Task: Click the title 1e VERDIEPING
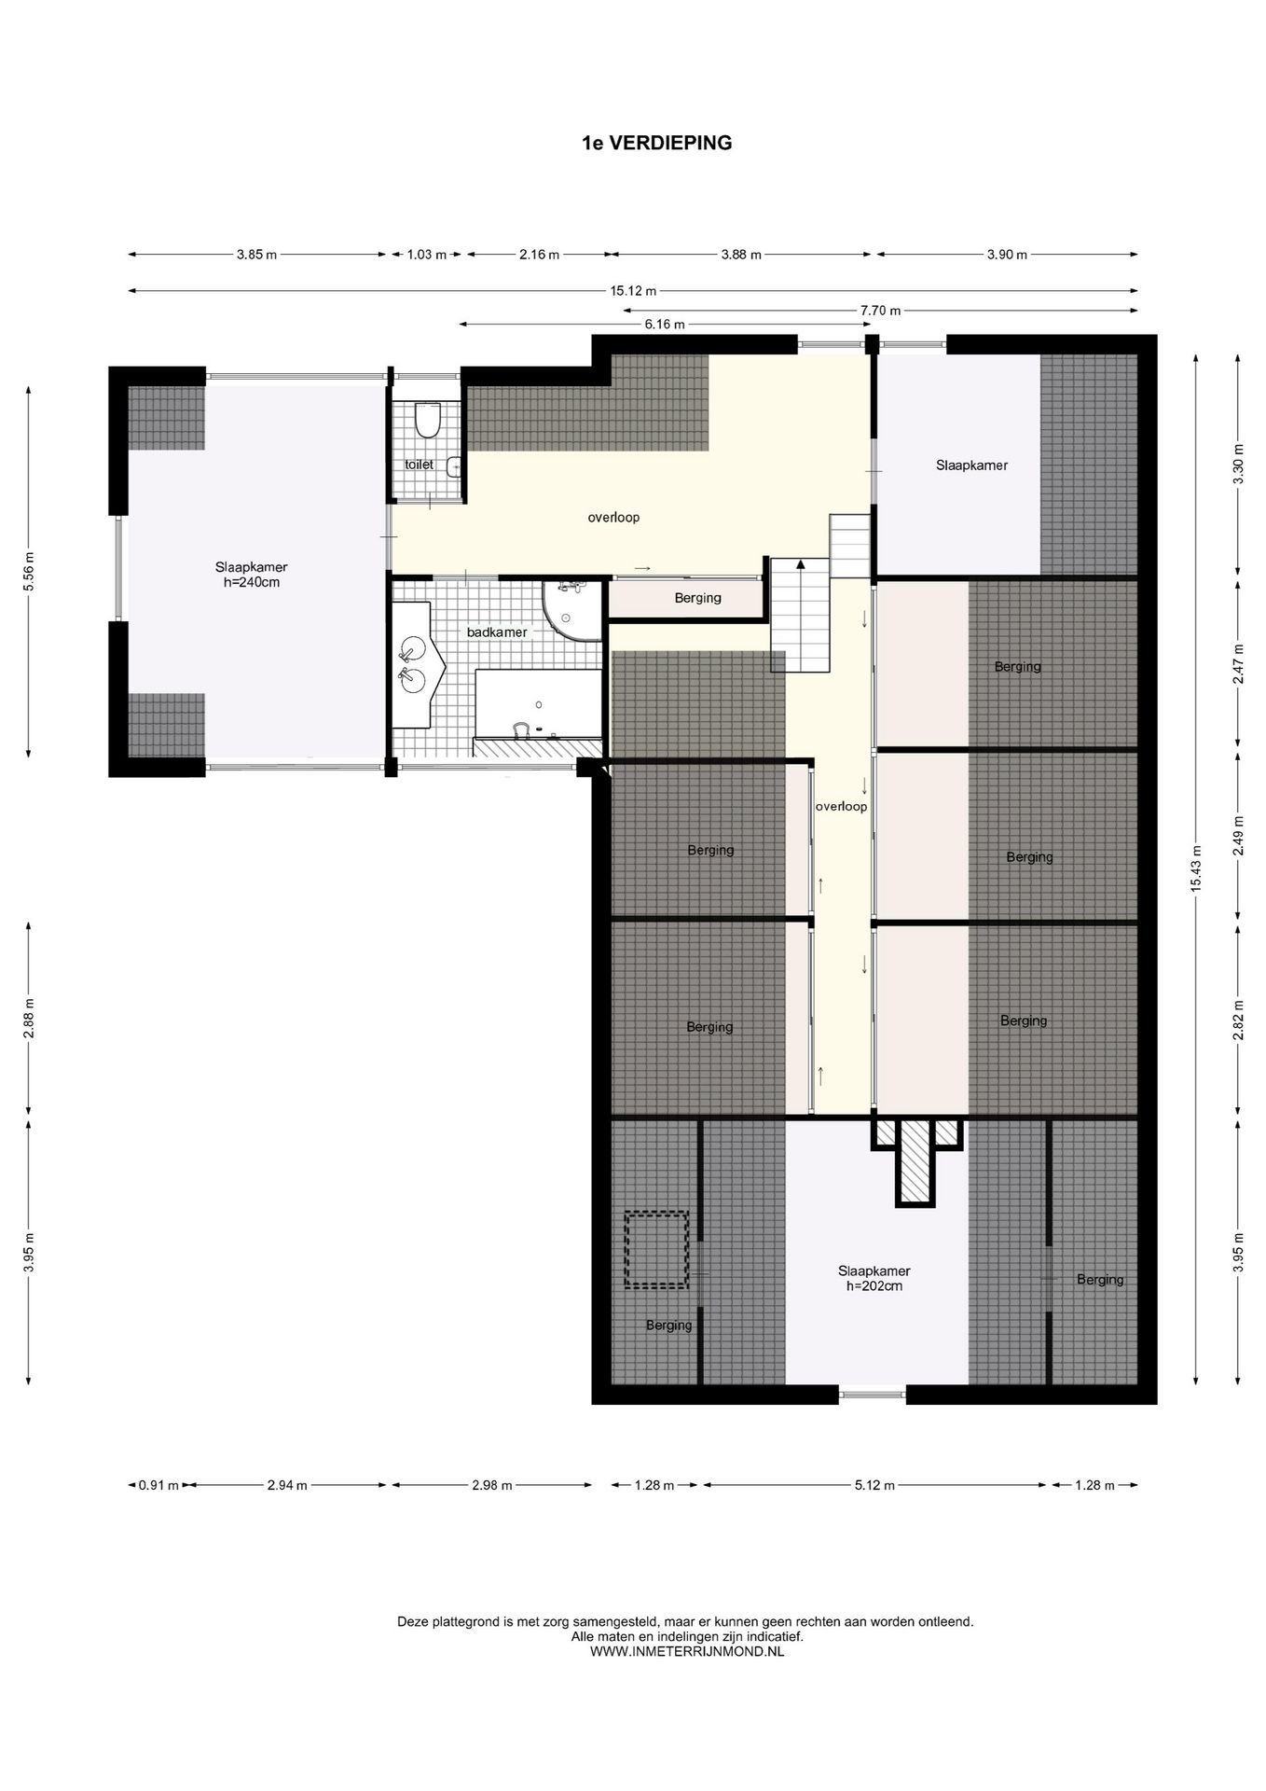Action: coord(657,143)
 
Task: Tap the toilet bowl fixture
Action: coord(427,421)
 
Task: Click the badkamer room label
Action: coord(497,632)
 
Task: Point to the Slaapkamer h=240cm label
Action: coord(251,575)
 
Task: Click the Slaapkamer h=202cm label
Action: coord(874,1278)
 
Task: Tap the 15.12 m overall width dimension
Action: coord(633,290)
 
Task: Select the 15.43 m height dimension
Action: coord(1196,868)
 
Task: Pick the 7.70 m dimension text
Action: coord(880,310)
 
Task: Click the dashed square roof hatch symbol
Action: coord(656,1249)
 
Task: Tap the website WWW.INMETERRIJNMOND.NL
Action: coord(687,1651)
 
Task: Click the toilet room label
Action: coord(419,464)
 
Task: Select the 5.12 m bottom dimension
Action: coord(874,1485)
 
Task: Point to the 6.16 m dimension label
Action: coord(665,324)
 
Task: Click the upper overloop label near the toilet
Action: coord(613,517)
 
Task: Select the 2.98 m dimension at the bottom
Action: coord(492,1485)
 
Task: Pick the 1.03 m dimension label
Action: coord(427,254)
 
